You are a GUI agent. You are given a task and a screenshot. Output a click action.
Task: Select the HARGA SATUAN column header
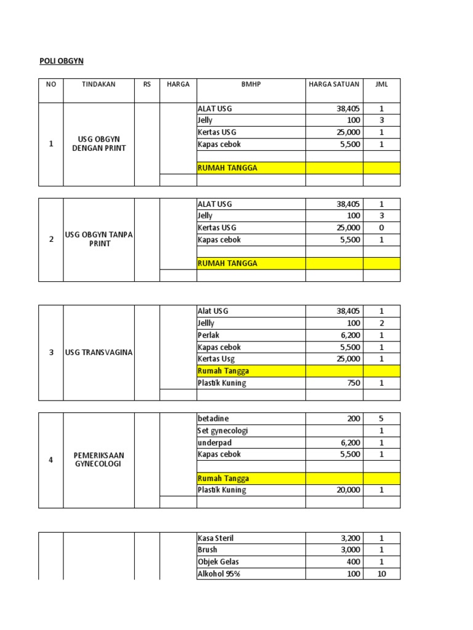click(334, 84)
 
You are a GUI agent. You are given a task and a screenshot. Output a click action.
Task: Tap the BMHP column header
click(251, 84)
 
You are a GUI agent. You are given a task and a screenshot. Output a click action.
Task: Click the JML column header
click(381, 84)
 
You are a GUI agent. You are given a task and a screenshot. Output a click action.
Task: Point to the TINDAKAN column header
click(99, 84)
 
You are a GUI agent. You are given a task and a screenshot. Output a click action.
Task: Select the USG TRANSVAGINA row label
click(99, 353)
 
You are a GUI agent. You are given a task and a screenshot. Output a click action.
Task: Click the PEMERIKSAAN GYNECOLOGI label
click(99, 460)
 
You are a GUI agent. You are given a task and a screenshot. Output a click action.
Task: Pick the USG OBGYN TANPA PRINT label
click(99, 239)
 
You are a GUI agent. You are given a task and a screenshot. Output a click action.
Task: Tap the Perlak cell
click(209, 335)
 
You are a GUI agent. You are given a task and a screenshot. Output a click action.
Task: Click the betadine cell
click(213, 418)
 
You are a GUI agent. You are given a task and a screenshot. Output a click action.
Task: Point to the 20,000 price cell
click(347, 490)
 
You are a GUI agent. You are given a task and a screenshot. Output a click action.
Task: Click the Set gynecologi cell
click(223, 431)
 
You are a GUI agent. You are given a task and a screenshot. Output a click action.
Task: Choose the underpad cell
click(215, 442)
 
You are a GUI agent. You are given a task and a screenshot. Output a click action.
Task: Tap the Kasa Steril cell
click(216, 538)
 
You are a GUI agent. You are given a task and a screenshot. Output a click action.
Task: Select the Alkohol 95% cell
click(219, 573)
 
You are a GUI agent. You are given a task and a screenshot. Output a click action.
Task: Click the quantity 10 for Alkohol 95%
click(381, 573)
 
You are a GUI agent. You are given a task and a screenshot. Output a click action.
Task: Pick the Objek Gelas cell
click(218, 562)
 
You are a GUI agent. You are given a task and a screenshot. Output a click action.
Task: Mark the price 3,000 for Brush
click(349, 549)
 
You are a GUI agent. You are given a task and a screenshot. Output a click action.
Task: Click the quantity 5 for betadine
click(381, 418)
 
